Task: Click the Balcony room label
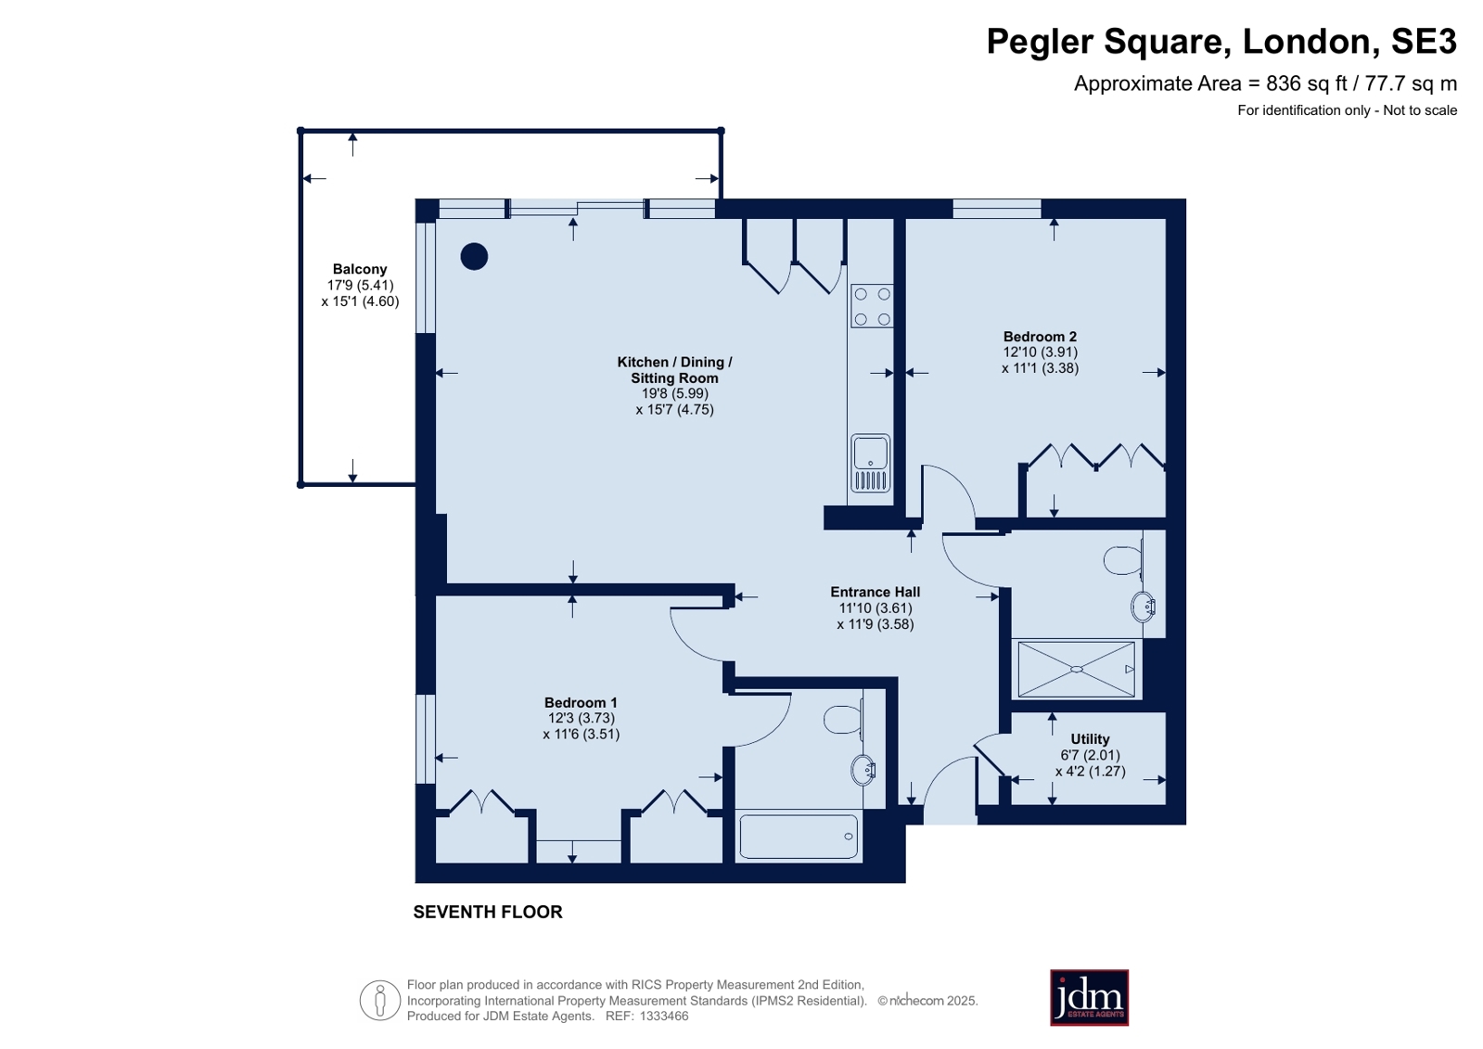click(360, 269)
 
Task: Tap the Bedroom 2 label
click(1040, 337)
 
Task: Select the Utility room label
click(1090, 739)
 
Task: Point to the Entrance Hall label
click(876, 592)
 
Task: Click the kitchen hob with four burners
click(872, 306)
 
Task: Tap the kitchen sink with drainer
click(871, 463)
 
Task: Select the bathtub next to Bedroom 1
click(799, 837)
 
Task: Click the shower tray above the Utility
click(1077, 669)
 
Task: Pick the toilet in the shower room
click(1124, 560)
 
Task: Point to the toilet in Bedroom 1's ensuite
click(843, 720)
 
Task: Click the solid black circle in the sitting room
click(474, 256)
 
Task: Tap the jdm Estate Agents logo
click(1089, 997)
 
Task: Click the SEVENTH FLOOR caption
click(488, 912)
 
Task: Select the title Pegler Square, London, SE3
click(1221, 41)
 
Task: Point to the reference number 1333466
click(664, 1016)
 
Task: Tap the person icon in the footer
click(380, 1000)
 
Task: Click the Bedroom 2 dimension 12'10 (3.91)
click(1040, 352)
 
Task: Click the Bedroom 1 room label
click(581, 703)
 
